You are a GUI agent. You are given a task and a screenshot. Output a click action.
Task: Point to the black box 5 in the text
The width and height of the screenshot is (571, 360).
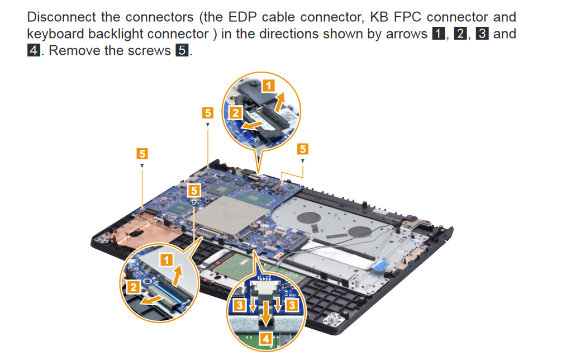coord(182,50)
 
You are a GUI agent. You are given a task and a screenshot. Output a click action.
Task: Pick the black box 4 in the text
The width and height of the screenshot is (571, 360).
coord(34,50)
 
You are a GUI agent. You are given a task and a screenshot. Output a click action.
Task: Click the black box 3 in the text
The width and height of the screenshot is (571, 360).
coord(482,34)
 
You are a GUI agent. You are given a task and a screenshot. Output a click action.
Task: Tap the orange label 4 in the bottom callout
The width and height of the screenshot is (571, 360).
coord(266,339)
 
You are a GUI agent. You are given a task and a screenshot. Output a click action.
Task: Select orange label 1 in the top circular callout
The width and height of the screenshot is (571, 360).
coord(268,86)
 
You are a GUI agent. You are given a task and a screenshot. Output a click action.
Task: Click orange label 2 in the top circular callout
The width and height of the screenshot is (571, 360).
coord(236,113)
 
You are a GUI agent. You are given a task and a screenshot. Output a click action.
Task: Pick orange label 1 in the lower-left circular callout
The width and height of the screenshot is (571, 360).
coord(167,260)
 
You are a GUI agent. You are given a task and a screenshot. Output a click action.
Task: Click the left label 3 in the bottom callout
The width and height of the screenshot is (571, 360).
coord(239,305)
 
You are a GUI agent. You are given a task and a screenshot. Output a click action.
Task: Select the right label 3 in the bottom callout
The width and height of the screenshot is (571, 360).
coord(292,305)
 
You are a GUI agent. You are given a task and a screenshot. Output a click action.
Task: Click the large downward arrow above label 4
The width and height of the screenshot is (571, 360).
coord(266,312)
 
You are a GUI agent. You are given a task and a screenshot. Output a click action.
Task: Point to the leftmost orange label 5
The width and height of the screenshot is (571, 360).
coord(142,154)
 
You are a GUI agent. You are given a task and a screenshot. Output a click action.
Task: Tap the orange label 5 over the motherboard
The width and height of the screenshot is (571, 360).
coord(194,190)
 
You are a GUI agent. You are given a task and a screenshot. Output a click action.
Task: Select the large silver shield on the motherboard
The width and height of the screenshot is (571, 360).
coord(227,215)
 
